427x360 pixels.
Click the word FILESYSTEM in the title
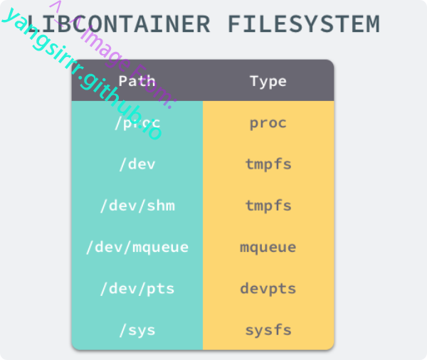point(304,24)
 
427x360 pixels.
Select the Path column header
point(137,80)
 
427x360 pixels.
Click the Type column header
point(268,80)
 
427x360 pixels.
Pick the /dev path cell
point(137,164)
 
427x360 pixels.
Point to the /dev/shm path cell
point(137,206)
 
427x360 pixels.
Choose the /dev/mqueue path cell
point(137,248)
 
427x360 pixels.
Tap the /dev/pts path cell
point(137,289)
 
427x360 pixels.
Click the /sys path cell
point(137,330)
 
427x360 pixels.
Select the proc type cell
point(268,122)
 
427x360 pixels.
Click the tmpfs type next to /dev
point(268,164)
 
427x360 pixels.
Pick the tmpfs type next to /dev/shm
point(268,206)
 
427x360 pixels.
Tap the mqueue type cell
point(268,248)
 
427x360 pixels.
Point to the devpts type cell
point(268,289)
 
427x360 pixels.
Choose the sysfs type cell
point(268,330)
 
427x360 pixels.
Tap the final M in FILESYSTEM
point(371,24)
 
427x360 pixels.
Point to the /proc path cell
point(137,122)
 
